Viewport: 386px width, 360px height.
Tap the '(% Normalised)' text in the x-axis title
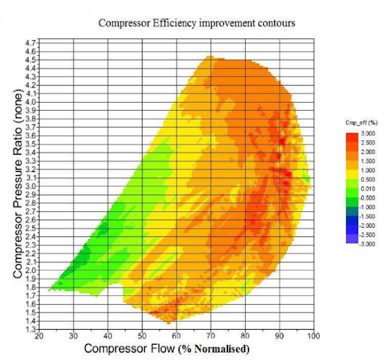point(215,349)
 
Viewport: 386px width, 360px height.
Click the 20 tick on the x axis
point(38,337)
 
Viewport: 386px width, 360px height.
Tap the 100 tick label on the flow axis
point(313,337)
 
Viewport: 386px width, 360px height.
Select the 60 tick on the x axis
point(176,337)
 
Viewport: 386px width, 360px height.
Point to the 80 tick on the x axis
point(244,337)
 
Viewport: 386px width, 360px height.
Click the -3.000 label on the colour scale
point(360,243)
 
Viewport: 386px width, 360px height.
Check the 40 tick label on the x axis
point(107,337)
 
